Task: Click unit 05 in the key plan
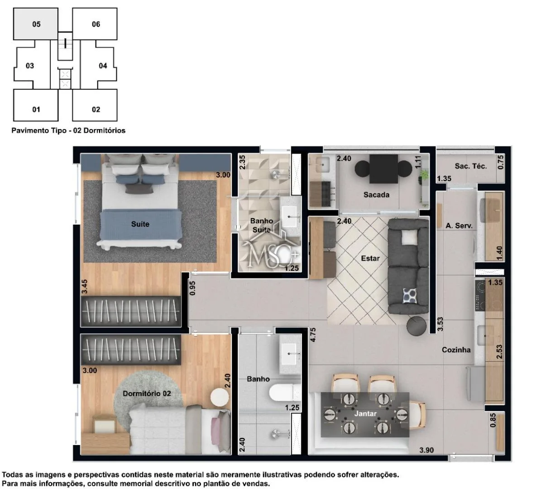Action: tap(35, 24)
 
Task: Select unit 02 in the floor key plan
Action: tap(95, 105)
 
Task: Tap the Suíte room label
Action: tap(140, 224)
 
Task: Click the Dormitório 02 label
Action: tap(147, 393)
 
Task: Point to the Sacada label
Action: tap(376, 195)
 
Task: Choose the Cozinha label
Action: tap(456, 350)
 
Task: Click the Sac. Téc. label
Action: tap(471, 166)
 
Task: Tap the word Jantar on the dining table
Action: tap(365, 413)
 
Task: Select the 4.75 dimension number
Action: tap(313, 335)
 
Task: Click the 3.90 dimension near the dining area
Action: tap(426, 450)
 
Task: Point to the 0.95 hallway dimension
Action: tap(192, 288)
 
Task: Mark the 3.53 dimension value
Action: tap(440, 324)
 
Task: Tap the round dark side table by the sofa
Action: tap(416, 326)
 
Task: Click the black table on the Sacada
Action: tap(383, 169)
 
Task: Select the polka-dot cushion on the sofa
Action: tap(410, 296)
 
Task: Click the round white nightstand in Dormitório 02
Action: tap(220, 398)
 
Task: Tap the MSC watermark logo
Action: tap(271, 249)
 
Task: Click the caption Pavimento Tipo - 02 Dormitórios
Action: tap(68, 130)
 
